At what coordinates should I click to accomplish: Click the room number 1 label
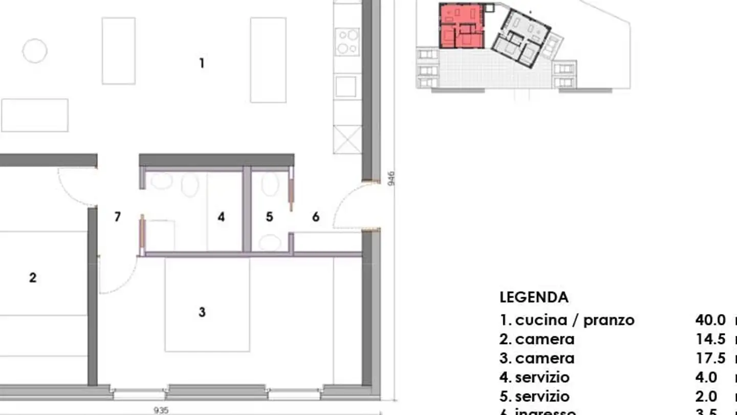click(x=202, y=64)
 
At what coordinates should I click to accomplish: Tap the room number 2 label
click(x=33, y=278)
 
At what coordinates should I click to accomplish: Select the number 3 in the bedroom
click(x=202, y=312)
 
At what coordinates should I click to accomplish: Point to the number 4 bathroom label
click(x=221, y=217)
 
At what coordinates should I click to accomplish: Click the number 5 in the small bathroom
click(x=269, y=217)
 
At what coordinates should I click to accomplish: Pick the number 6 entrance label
click(x=316, y=217)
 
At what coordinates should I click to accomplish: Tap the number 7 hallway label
click(x=118, y=217)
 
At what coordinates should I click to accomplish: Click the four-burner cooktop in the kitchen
click(x=347, y=42)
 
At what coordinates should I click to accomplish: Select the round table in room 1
click(x=35, y=51)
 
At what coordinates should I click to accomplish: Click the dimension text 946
click(x=391, y=178)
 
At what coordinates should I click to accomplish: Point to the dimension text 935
click(x=161, y=410)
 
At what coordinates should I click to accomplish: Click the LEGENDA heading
click(x=534, y=297)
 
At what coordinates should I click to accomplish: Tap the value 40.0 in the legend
click(x=710, y=320)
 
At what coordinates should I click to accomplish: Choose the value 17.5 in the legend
click(x=710, y=358)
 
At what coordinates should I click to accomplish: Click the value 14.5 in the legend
click(x=710, y=339)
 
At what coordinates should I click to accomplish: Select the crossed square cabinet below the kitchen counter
click(x=347, y=139)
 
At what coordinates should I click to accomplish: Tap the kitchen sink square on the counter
click(x=346, y=86)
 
